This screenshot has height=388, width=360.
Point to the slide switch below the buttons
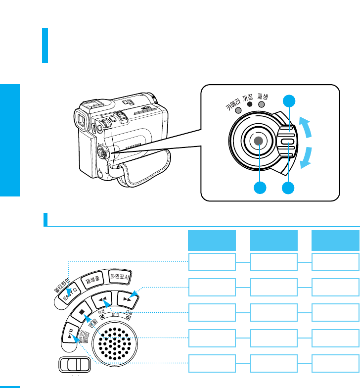click(x=74, y=365)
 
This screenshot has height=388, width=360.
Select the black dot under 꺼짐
click(x=250, y=105)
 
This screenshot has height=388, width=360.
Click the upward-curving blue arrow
click(x=308, y=128)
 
